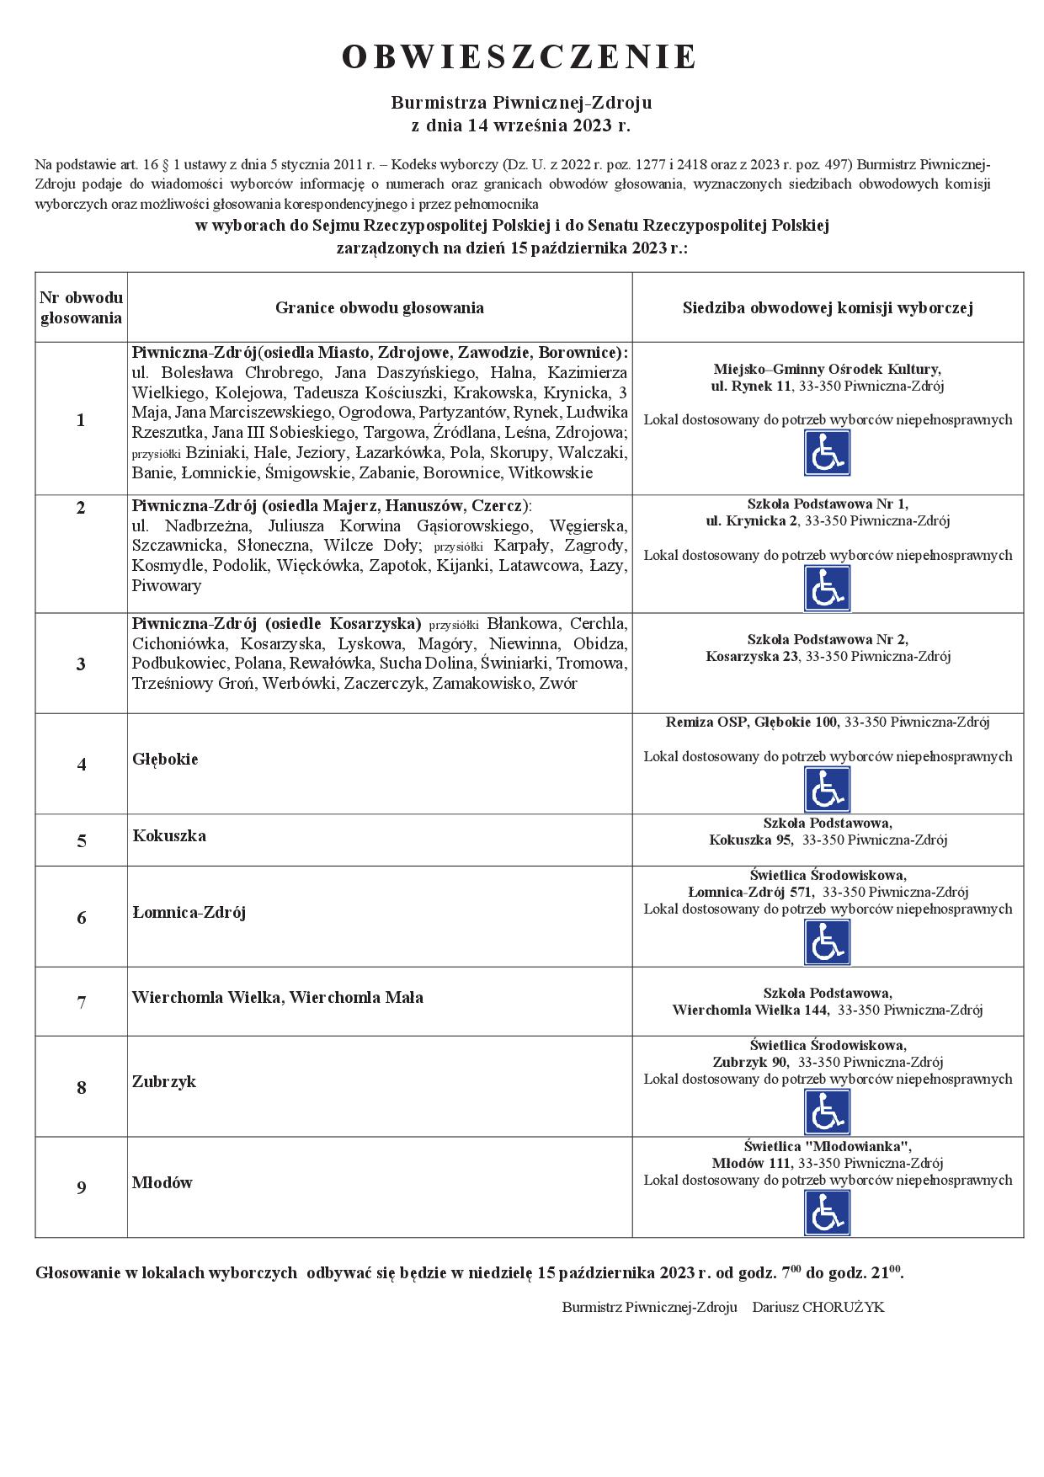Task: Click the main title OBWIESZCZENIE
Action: [x=519, y=56]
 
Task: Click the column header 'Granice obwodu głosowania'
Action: [x=379, y=307]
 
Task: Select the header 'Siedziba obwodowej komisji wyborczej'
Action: [x=828, y=307]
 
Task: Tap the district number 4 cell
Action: [x=82, y=765]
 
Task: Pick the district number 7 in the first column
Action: [x=82, y=1002]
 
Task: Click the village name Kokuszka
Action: [x=169, y=835]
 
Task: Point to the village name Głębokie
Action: [x=165, y=759]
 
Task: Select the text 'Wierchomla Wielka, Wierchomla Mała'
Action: [x=277, y=997]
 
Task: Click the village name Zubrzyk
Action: [x=163, y=1081]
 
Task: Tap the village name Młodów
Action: [x=162, y=1182]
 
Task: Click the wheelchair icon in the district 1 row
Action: [x=827, y=453]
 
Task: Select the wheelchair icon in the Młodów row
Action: [x=827, y=1213]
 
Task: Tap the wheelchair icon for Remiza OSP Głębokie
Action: [x=827, y=789]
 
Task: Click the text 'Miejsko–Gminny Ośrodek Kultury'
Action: [x=827, y=369]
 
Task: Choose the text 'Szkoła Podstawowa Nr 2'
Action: [x=827, y=639]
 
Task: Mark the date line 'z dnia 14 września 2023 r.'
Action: [x=519, y=126]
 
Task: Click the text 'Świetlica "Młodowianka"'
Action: [x=827, y=1146]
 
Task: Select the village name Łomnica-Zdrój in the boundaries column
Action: [x=189, y=912]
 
